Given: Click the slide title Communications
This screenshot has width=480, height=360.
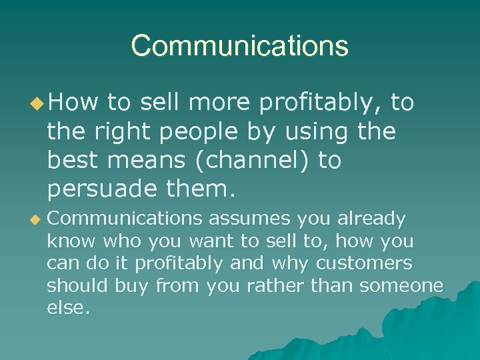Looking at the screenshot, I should click(239, 46).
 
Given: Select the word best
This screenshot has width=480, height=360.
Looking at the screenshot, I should click(70, 161).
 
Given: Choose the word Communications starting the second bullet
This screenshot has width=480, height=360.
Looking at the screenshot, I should click(124, 219).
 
